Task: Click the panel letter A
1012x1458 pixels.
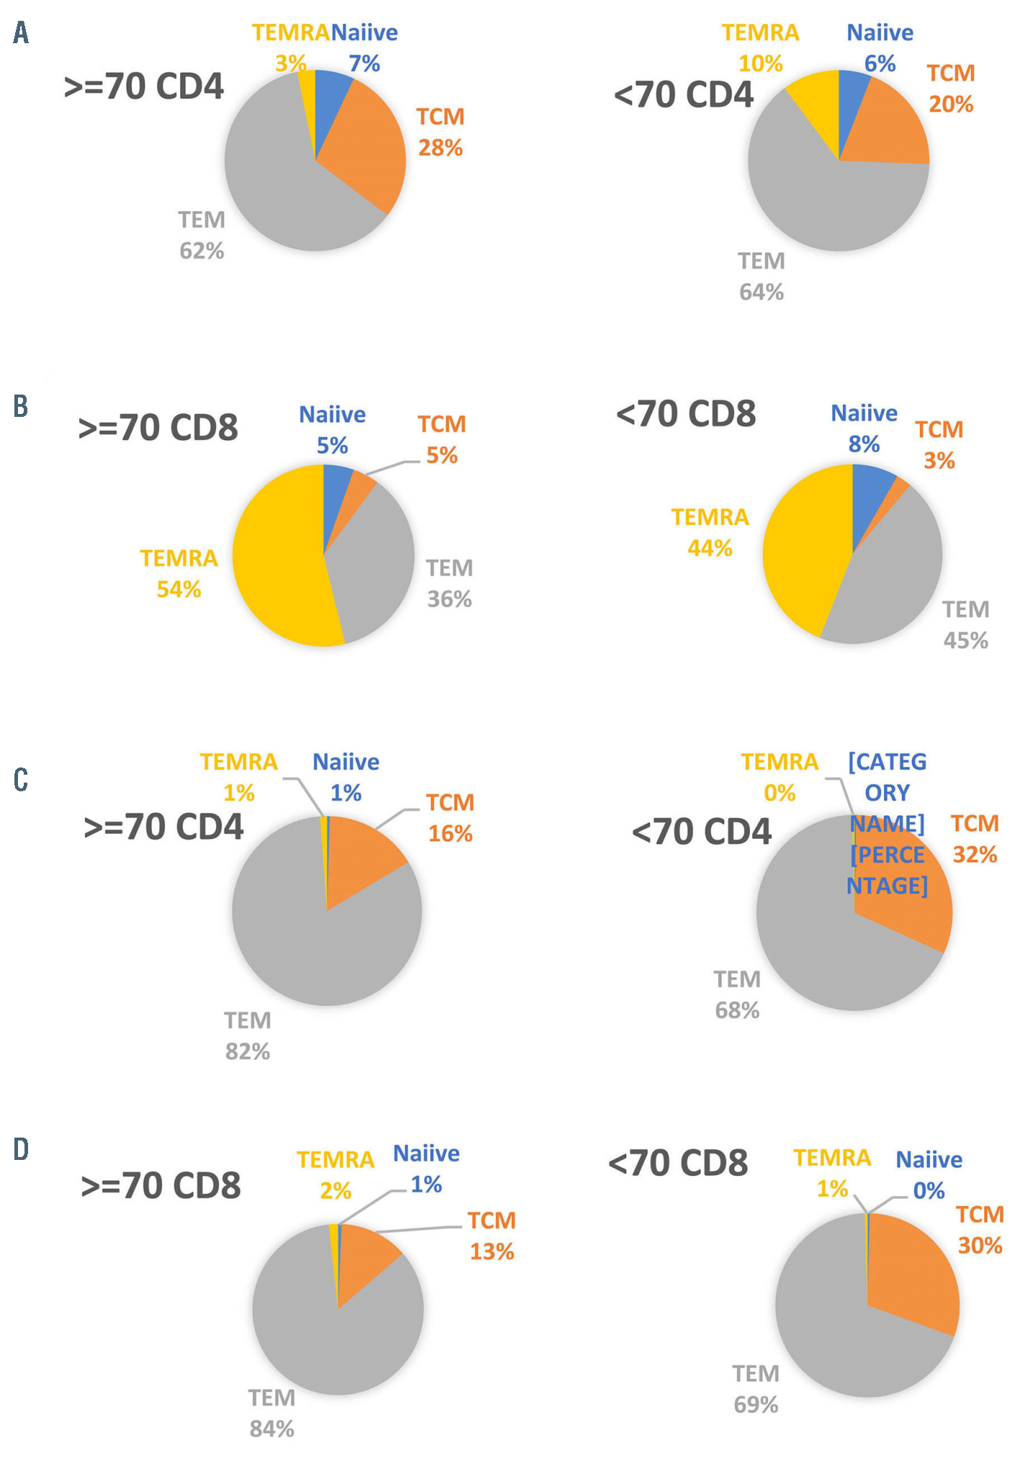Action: pyautogui.click(x=21, y=32)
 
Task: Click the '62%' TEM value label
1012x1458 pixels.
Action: pyautogui.click(x=202, y=251)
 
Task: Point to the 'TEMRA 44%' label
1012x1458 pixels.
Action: pyautogui.click(x=710, y=533)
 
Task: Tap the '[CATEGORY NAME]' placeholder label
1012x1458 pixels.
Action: pyautogui.click(x=887, y=792)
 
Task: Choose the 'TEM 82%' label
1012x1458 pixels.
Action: pyautogui.click(x=248, y=1036)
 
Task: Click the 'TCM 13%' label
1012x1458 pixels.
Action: pyautogui.click(x=492, y=1236)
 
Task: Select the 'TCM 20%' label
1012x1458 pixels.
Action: pyautogui.click(x=951, y=89)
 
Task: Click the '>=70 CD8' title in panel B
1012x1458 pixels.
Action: pyautogui.click(x=158, y=428)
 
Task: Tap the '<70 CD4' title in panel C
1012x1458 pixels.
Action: pyautogui.click(x=702, y=832)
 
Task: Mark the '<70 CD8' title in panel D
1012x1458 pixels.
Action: pyautogui.click(x=679, y=1164)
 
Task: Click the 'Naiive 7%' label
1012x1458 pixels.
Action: pyautogui.click(x=364, y=48)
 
